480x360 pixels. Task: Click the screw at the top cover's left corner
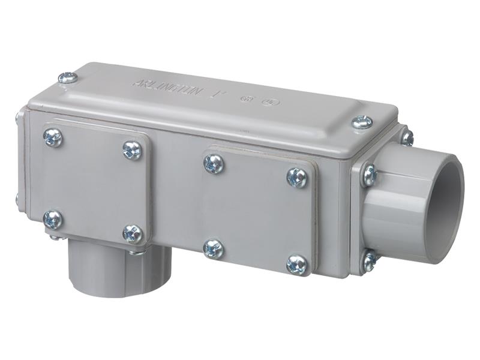(x=68, y=77)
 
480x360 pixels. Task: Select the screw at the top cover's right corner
(x=362, y=122)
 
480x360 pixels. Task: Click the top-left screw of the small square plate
(x=53, y=138)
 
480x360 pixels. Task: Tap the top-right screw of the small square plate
(x=132, y=150)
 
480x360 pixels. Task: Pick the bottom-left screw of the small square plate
(x=52, y=219)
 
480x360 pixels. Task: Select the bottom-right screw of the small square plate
(x=132, y=233)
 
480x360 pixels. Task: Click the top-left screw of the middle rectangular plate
(x=214, y=163)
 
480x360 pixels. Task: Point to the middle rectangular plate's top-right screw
(x=297, y=177)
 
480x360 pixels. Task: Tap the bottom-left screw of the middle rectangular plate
(x=213, y=248)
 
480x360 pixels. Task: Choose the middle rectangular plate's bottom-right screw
(x=297, y=264)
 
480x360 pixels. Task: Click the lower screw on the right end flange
(x=370, y=261)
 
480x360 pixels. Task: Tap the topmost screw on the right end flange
(x=407, y=137)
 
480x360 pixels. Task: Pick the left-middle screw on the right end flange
(x=368, y=176)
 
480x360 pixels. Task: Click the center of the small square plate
(x=93, y=185)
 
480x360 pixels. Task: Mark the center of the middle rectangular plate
(x=255, y=213)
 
